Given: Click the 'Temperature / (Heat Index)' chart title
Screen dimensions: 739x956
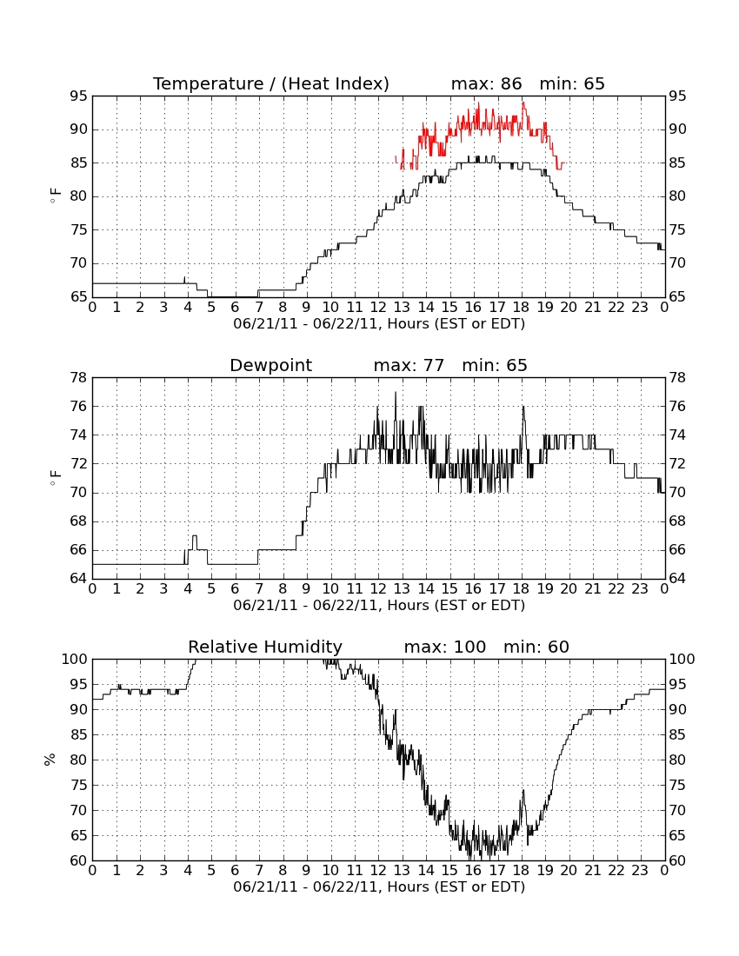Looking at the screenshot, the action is (x=270, y=83).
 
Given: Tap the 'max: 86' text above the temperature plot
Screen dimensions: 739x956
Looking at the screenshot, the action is (x=487, y=83).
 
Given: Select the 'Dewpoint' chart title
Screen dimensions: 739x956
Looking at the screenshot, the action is (x=270, y=365).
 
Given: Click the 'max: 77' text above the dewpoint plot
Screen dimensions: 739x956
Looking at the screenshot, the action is (x=409, y=365).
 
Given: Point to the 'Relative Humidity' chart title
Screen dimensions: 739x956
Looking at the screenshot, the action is (x=265, y=647).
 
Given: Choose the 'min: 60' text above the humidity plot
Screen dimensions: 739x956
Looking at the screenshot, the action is (x=536, y=647).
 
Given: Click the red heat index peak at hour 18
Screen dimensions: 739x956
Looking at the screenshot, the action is (x=523, y=103).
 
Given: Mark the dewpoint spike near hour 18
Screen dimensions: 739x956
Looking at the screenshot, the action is (x=523, y=408).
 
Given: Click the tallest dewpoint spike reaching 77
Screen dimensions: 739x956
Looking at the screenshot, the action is (x=395, y=393).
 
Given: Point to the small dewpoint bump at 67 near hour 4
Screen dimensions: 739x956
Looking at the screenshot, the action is (x=195, y=536).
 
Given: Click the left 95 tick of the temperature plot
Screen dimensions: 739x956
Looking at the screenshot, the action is (x=78, y=96).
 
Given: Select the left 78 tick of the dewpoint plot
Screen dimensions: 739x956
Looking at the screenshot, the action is (x=78, y=378).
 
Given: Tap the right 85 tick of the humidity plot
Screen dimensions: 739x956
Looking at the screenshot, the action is (x=677, y=734).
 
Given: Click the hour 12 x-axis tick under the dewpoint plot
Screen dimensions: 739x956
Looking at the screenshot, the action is (x=378, y=589).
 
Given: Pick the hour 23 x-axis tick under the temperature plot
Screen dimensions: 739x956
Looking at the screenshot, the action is (x=640, y=308).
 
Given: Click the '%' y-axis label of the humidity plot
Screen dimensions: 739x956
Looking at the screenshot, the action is (x=50, y=760).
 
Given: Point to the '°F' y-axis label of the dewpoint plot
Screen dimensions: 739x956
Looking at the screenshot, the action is (x=55, y=477).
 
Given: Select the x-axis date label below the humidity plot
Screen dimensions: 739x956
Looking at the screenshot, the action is (x=379, y=887).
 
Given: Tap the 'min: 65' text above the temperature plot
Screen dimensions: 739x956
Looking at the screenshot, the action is (x=572, y=83).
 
